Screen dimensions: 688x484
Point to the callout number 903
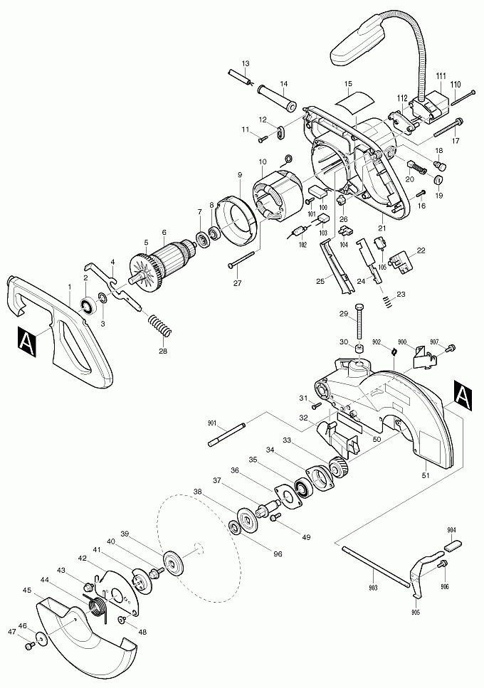[x=373, y=587]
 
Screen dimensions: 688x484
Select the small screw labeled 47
[x=31, y=646]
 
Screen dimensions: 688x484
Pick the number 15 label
[x=349, y=84]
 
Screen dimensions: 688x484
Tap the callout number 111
[x=441, y=76]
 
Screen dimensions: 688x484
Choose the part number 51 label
[x=426, y=475]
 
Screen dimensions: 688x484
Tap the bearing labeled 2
[x=88, y=305]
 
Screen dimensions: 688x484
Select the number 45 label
[x=27, y=590]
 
